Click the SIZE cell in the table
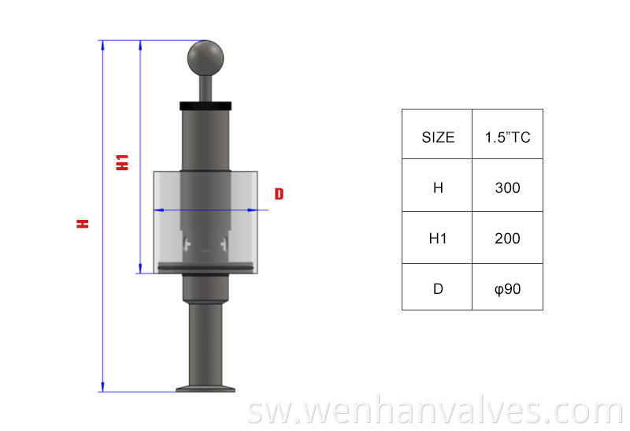click(x=438, y=137)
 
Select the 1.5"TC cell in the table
click(x=507, y=137)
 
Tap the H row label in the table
click(x=438, y=188)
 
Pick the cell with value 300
click(x=507, y=188)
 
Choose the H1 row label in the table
click(x=438, y=238)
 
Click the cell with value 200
click(x=507, y=238)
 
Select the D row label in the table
click(x=438, y=288)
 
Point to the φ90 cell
click(x=507, y=288)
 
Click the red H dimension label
click(x=83, y=223)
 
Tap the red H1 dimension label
click(x=122, y=162)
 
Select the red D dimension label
click(x=279, y=194)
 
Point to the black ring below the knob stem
click(x=206, y=106)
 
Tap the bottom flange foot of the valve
click(x=206, y=387)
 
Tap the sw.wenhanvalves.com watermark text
click(x=434, y=412)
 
